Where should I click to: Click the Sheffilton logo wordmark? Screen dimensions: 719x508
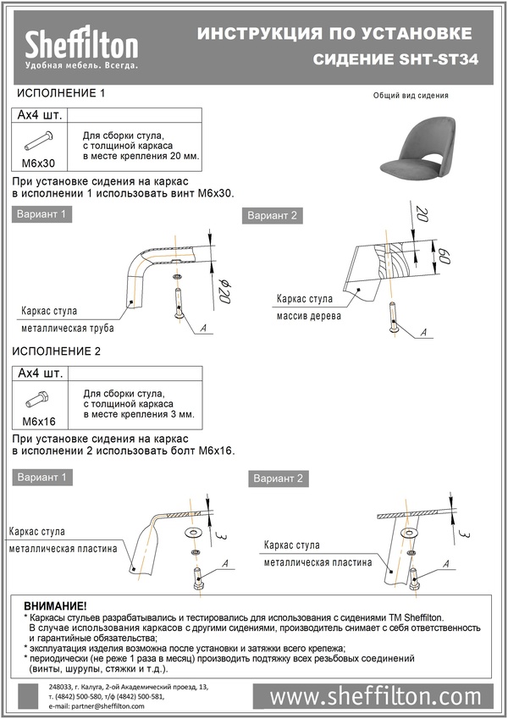(x=81, y=43)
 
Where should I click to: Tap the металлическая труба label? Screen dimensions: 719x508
(x=68, y=328)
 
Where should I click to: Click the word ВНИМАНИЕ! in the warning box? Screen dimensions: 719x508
(x=55, y=606)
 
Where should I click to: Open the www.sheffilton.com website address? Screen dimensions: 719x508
(x=375, y=696)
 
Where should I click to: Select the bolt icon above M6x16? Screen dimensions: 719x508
(x=39, y=397)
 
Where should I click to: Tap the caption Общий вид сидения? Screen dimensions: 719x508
(x=411, y=96)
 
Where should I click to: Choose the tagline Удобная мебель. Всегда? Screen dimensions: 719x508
(x=81, y=65)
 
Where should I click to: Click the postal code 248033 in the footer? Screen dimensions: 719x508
(x=61, y=686)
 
